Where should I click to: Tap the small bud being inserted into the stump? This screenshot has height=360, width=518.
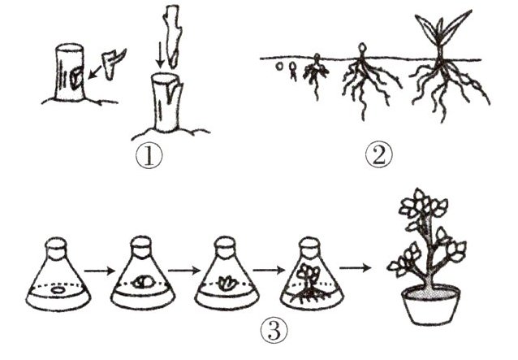point(109,62)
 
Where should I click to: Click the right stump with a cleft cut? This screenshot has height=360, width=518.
point(165,104)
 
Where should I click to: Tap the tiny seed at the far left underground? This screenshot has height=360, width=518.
point(280,65)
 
